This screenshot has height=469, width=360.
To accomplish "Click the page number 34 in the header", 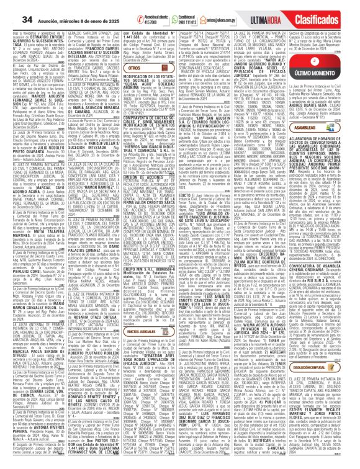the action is click(12, 6).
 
